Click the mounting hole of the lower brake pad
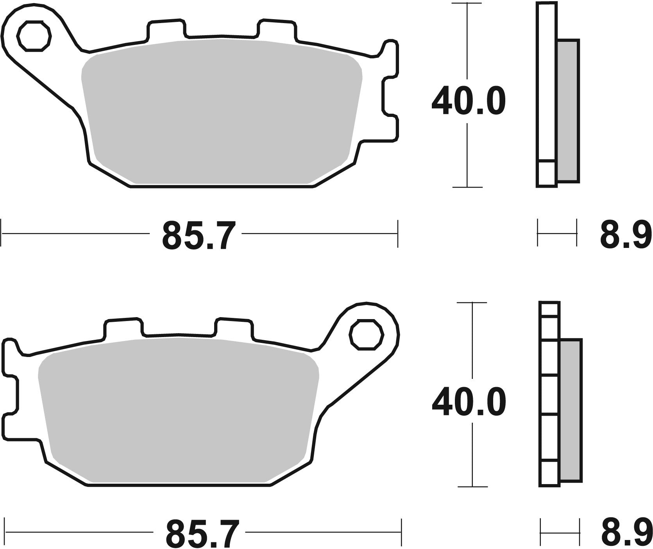coord(366,334)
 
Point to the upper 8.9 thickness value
coord(626,235)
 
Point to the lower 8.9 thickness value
coord(626,534)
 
